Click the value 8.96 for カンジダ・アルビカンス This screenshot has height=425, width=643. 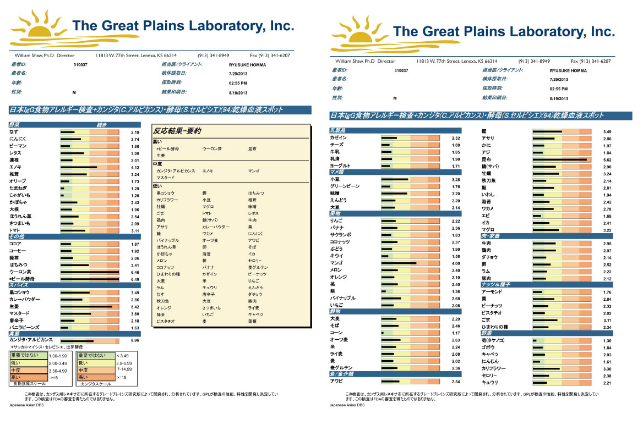(134, 340)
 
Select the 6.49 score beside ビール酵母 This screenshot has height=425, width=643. (134, 279)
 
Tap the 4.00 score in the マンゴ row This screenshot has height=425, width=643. (455, 263)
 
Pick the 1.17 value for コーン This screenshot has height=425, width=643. (455, 333)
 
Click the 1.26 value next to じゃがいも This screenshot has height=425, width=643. (134, 196)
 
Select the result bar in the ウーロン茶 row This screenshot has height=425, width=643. (89, 272)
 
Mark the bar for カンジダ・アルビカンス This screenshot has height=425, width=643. (89, 340)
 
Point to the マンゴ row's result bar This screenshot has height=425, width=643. (410, 263)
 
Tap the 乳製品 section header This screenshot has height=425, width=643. (339, 130)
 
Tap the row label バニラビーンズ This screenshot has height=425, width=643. (25, 328)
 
